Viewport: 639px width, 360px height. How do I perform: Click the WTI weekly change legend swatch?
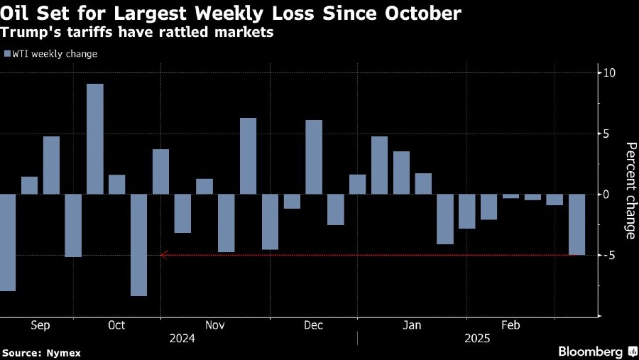tap(7, 54)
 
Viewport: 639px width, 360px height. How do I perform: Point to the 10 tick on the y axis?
tap(608, 73)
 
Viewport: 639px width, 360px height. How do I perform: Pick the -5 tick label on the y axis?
tap(608, 255)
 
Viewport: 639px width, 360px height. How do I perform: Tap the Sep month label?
tap(40, 325)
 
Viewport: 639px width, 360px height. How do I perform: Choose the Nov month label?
tap(214, 325)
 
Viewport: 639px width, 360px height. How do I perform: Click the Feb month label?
tap(510, 325)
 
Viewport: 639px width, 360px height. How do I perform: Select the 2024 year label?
tap(182, 339)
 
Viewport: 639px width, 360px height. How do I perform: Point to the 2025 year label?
tap(477, 339)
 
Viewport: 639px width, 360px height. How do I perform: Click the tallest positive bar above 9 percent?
tap(95, 138)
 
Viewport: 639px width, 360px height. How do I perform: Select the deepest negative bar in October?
tap(138, 244)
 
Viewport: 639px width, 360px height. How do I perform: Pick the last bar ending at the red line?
tap(576, 224)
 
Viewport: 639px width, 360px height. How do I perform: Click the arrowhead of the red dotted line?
tap(164, 255)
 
